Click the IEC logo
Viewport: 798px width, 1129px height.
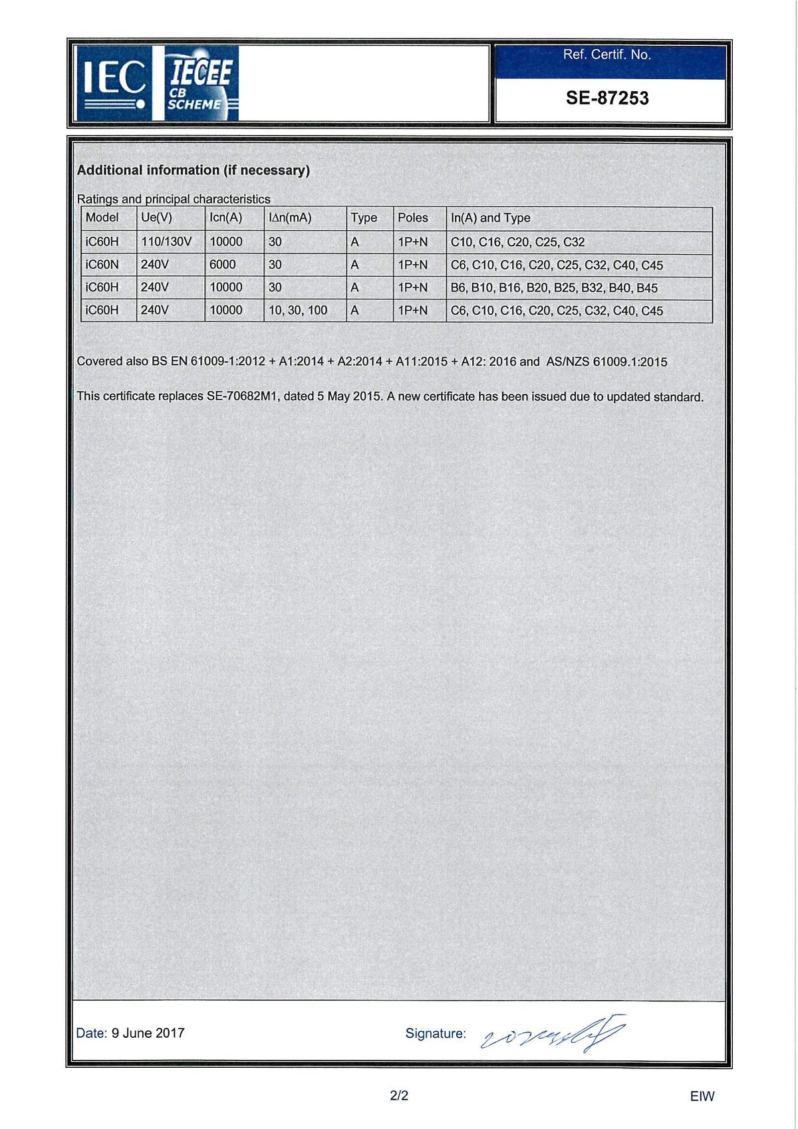click(114, 83)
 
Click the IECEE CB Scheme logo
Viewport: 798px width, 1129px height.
click(200, 83)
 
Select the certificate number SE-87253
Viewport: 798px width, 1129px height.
click(607, 98)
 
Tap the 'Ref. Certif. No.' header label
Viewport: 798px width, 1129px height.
click(606, 55)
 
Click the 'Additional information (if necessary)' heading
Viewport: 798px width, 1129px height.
click(194, 170)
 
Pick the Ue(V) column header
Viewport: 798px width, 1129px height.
click(156, 218)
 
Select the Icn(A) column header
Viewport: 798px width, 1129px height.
click(225, 218)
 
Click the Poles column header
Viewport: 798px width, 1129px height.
click(413, 218)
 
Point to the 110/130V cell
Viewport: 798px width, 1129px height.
click(166, 242)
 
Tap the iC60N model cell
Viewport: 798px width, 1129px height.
click(102, 265)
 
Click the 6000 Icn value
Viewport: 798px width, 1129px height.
click(223, 265)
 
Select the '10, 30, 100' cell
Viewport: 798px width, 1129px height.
click(298, 311)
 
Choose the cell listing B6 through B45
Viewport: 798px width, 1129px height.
click(554, 288)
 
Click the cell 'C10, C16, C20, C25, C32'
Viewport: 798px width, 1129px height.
click(517, 242)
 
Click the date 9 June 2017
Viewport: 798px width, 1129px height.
click(148, 1033)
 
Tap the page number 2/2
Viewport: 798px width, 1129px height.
click(399, 1095)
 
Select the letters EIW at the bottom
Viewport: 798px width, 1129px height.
click(702, 1096)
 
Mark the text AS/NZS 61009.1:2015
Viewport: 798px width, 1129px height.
click(606, 362)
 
